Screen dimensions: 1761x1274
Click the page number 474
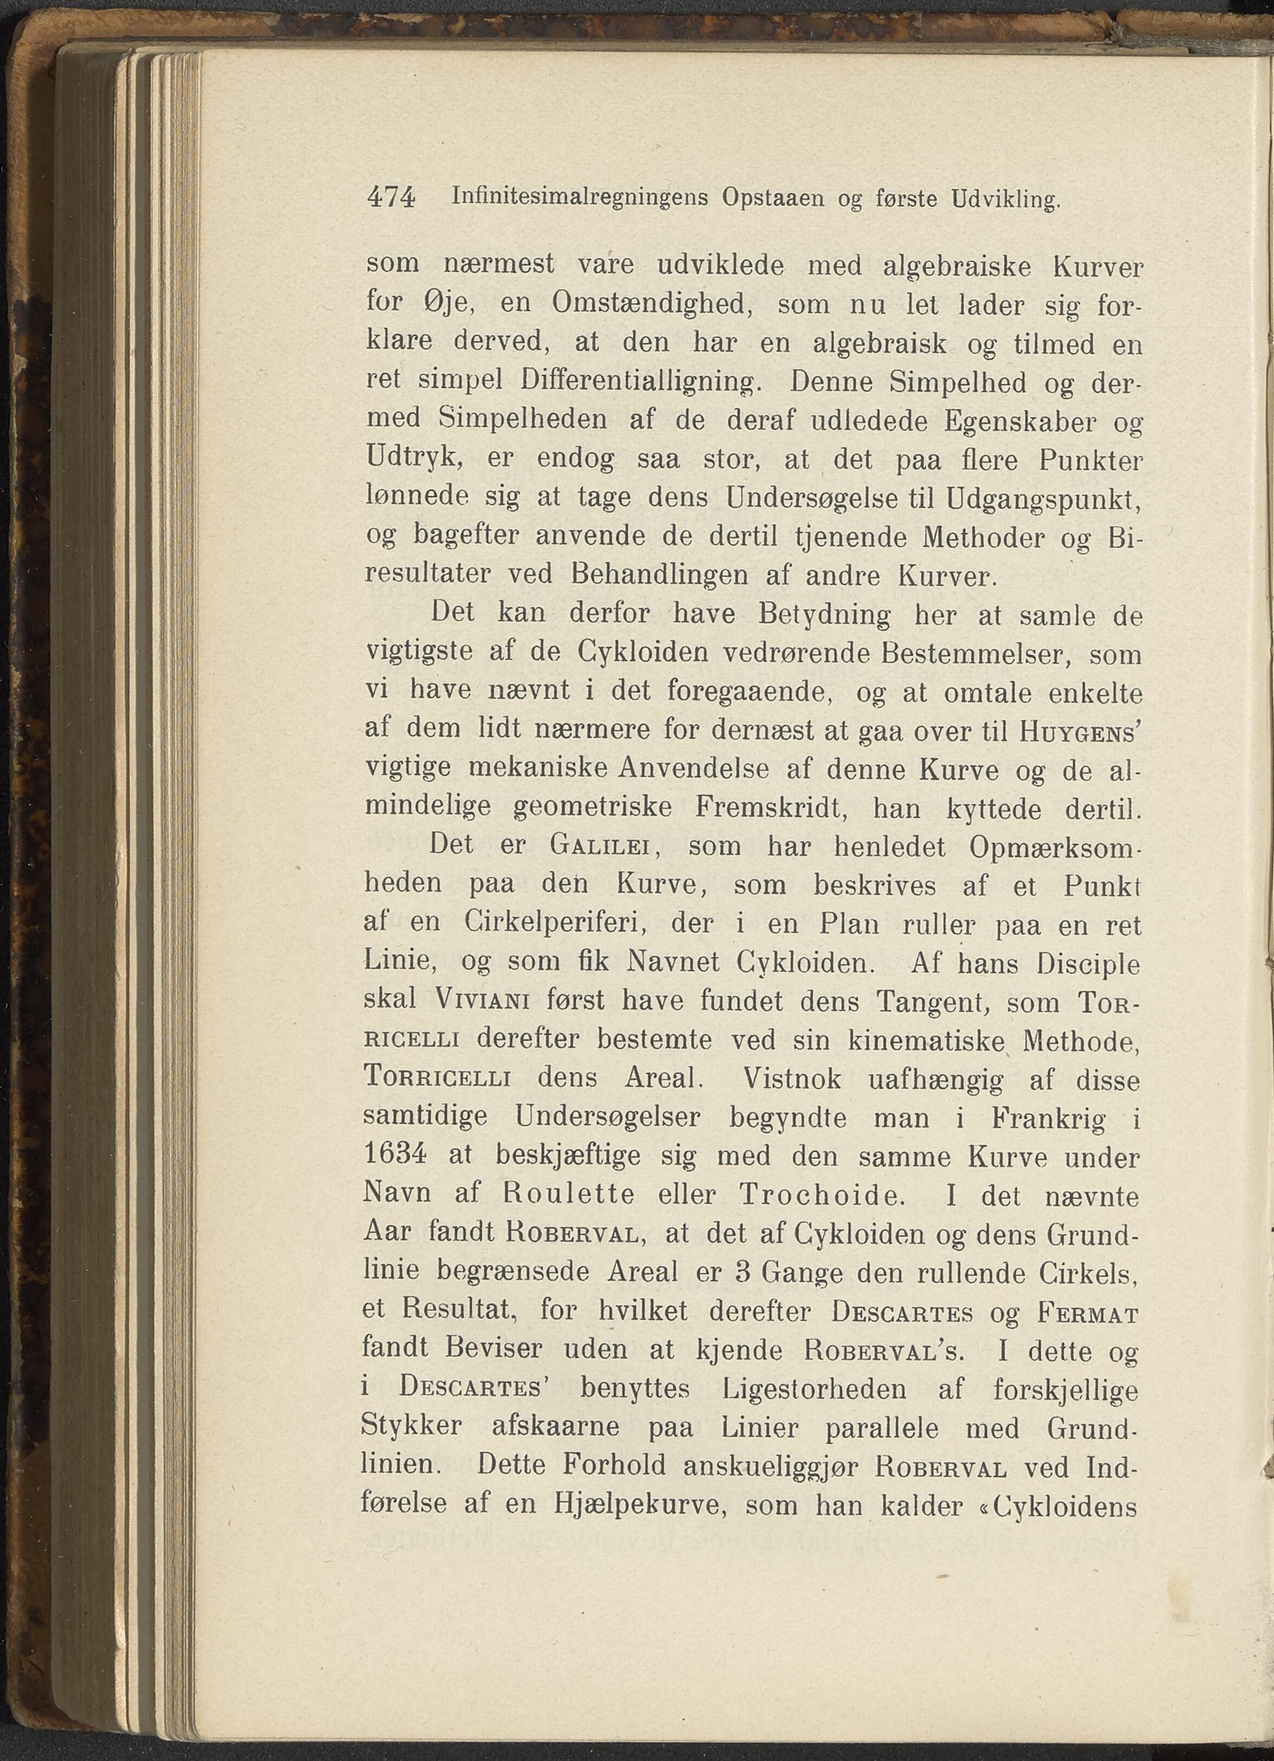390,198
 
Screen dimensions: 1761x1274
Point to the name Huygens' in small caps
1078,731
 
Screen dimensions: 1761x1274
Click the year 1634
395,1156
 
